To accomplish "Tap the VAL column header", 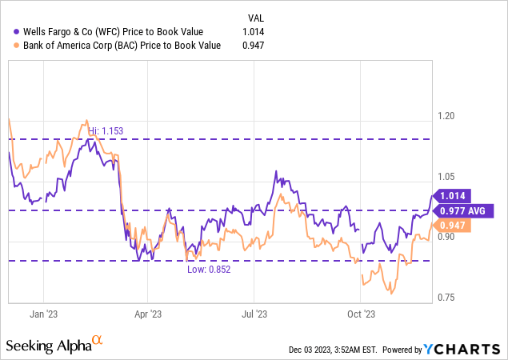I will pyautogui.click(x=254, y=17).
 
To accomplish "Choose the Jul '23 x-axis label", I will pyautogui.click(x=254, y=314).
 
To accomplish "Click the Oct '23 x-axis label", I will pyautogui.click(x=361, y=314).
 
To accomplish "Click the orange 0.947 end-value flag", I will pyautogui.click(x=453, y=226).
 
